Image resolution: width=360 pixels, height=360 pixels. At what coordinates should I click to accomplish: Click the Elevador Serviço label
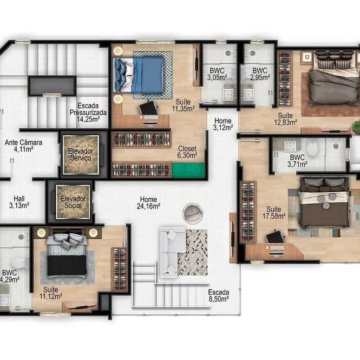pyautogui.click(x=81, y=154)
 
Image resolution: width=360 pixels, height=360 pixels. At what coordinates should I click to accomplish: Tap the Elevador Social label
pyautogui.click(x=73, y=202)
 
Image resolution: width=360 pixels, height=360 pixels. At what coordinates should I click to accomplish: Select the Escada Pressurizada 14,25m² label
pyautogui.click(x=88, y=113)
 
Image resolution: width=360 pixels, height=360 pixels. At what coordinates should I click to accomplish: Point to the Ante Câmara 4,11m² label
pyautogui.click(x=23, y=146)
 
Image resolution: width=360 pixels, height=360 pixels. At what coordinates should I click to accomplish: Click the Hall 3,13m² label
pyautogui.click(x=19, y=202)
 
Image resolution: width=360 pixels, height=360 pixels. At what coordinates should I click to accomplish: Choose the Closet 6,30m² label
pyautogui.click(x=187, y=152)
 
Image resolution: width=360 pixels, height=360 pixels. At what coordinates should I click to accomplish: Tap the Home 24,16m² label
pyautogui.click(x=148, y=202)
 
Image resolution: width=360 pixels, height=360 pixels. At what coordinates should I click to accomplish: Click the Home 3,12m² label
pyautogui.click(x=223, y=124)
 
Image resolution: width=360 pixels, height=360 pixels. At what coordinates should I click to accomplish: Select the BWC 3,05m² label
pyautogui.click(x=217, y=74)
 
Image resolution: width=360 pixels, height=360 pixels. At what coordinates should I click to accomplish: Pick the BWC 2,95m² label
pyautogui.click(x=260, y=74)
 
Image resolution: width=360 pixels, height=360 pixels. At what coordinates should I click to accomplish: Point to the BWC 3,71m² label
pyautogui.click(x=297, y=161)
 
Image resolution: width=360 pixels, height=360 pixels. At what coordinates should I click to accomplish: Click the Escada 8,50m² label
pyautogui.click(x=219, y=296)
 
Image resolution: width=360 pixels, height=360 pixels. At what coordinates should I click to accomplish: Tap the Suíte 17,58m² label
pyautogui.click(x=274, y=213)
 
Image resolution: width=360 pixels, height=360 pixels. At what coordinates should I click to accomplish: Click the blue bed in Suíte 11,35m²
pyautogui.click(x=142, y=75)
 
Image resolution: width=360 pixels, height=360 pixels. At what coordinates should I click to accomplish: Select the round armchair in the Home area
pyautogui.click(x=193, y=213)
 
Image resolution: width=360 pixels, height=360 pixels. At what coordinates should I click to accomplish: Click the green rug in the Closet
pyautogui.click(x=188, y=170)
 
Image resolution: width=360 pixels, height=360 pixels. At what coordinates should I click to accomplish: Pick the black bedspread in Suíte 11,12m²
pyautogui.click(x=67, y=265)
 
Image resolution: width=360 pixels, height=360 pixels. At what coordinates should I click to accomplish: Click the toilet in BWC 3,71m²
pyautogui.click(x=312, y=148)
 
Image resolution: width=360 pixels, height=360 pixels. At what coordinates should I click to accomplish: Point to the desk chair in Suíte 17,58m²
pyautogui.click(x=276, y=238)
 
